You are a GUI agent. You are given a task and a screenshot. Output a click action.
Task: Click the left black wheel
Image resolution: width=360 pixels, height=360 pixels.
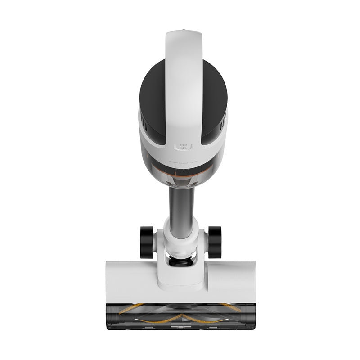click(x=147, y=242)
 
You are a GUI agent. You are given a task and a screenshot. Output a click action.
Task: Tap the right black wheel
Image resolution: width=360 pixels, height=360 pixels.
click(x=214, y=242)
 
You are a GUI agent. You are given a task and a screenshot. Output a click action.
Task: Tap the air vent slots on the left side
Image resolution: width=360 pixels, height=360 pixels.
click(x=143, y=121)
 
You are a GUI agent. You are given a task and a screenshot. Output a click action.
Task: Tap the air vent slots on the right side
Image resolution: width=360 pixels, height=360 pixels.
click(x=220, y=121)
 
